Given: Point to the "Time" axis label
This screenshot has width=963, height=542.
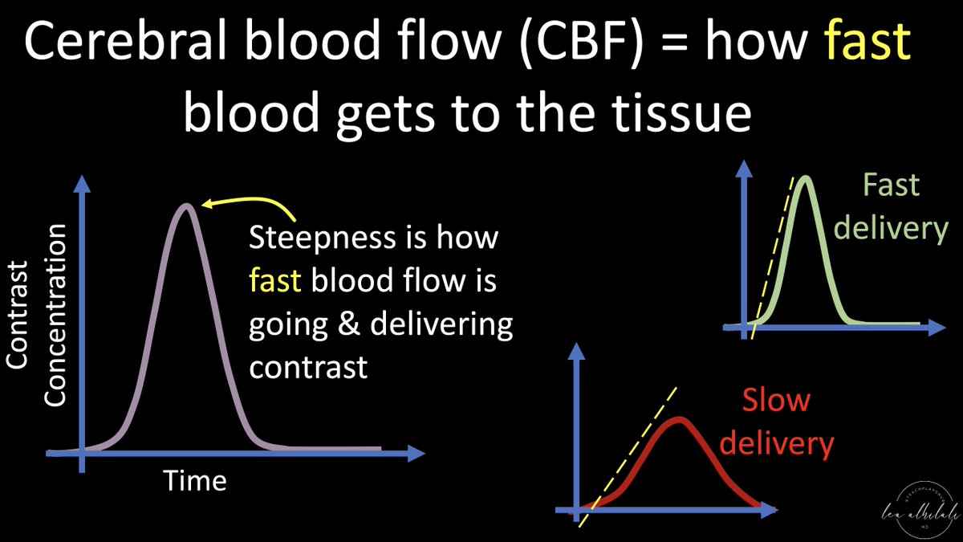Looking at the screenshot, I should click(x=195, y=480).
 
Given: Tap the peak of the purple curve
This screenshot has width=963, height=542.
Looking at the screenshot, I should click(x=186, y=206).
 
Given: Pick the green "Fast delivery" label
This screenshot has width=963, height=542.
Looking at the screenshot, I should click(x=890, y=207).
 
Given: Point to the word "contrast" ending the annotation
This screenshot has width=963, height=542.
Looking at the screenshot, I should click(x=308, y=367).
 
